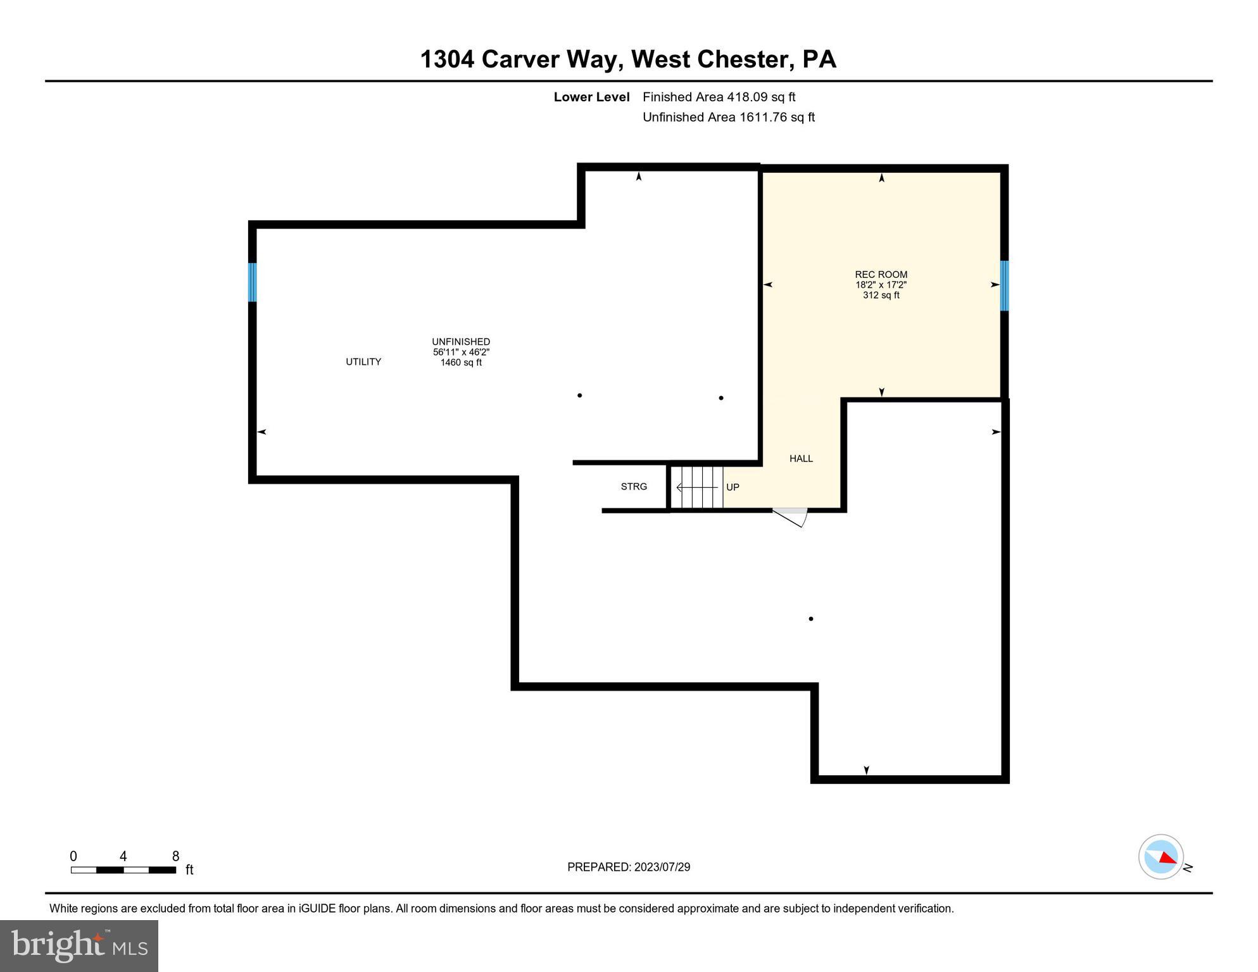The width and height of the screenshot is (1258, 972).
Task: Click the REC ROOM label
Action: pyautogui.click(x=881, y=275)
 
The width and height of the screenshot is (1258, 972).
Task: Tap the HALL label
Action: pyautogui.click(x=801, y=459)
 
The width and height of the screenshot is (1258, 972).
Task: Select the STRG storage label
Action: pyautogui.click(x=634, y=487)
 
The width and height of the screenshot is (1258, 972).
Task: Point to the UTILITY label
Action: pyautogui.click(x=363, y=362)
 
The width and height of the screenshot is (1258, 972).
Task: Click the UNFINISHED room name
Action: pyautogui.click(x=461, y=342)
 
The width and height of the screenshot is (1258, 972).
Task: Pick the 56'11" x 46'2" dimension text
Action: pyautogui.click(x=461, y=352)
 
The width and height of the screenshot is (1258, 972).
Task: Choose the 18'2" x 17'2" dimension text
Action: pyautogui.click(x=881, y=285)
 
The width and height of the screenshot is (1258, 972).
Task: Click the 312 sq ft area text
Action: pyautogui.click(x=881, y=296)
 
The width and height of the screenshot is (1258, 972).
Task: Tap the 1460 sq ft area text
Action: pyautogui.click(x=461, y=363)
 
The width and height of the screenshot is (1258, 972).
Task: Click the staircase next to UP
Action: pyautogui.click(x=696, y=487)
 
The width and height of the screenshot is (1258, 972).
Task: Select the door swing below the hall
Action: pyautogui.click(x=791, y=516)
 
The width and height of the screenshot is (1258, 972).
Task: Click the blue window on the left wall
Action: pyautogui.click(x=252, y=282)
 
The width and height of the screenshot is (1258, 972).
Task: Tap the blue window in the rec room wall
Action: pyautogui.click(x=1004, y=285)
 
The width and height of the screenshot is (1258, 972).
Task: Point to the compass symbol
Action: pyautogui.click(x=1161, y=857)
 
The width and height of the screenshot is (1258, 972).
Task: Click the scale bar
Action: pyautogui.click(x=123, y=870)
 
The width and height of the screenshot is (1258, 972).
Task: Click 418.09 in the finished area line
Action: pyautogui.click(x=747, y=97)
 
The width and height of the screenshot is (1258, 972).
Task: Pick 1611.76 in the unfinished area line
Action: pyautogui.click(x=763, y=117)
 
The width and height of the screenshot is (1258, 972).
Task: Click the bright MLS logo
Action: pyautogui.click(x=79, y=946)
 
